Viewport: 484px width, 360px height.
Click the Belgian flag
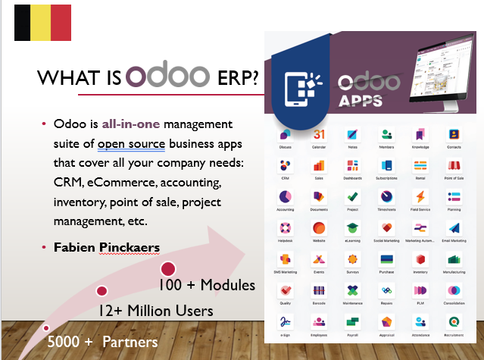43,22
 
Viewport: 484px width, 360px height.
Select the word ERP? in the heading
234,77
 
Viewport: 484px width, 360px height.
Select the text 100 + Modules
207,286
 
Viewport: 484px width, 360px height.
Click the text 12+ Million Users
155,311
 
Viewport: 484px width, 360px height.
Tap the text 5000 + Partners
102,342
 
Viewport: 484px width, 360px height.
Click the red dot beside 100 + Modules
168,268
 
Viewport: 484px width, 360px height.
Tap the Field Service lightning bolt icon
420,196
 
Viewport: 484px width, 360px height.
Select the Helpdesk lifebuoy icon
285,228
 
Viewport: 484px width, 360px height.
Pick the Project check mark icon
352,196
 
